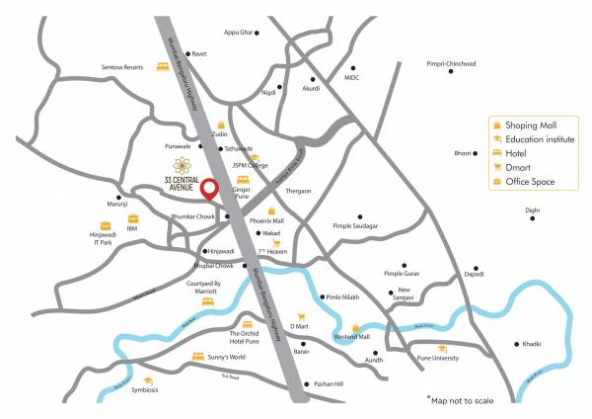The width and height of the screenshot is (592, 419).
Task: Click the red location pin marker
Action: tap(208, 187)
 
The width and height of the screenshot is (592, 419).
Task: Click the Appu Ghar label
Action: tap(238, 33)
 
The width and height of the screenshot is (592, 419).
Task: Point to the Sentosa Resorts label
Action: tap(121, 67)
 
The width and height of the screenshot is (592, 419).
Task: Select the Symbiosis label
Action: tap(144, 389)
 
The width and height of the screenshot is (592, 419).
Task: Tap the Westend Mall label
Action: tap(352, 336)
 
